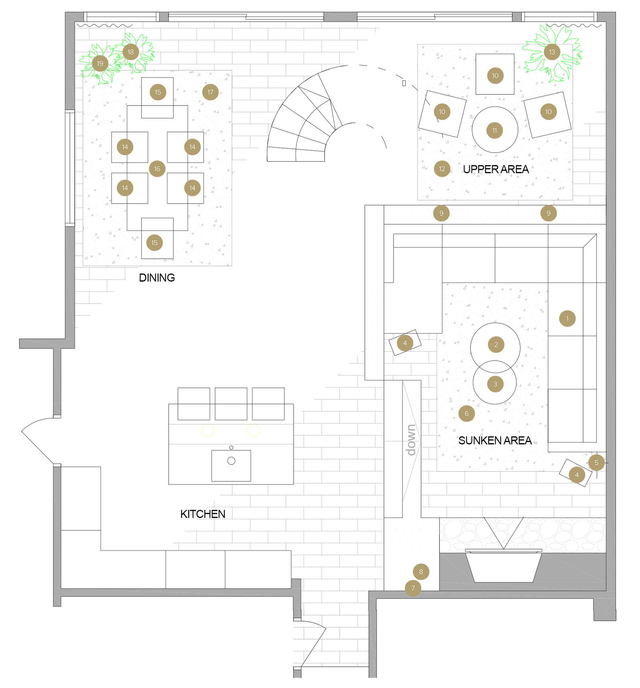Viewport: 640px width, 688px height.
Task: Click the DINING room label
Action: (x=157, y=278)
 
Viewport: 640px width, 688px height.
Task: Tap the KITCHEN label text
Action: (x=202, y=514)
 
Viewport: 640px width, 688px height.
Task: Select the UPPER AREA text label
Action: (x=496, y=169)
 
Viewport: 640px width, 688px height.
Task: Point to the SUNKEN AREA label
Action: (x=495, y=440)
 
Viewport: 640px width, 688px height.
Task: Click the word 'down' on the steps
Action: (x=411, y=440)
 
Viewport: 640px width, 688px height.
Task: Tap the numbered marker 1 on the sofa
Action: (x=567, y=318)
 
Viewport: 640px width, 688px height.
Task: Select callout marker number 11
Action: (x=495, y=130)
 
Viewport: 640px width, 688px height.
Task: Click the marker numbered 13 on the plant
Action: (x=552, y=52)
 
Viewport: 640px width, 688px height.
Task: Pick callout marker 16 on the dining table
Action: (x=157, y=169)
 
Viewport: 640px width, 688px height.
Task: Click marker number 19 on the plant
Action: (x=100, y=63)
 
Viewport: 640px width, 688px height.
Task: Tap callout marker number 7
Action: (x=413, y=588)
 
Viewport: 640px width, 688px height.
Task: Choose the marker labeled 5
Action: (x=596, y=462)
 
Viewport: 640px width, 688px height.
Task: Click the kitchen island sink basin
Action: (x=231, y=466)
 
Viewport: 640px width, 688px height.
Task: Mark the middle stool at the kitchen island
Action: (x=231, y=403)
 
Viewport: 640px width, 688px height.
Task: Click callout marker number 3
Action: (x=495, y=384)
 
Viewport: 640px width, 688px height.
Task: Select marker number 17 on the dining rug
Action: (x=210, y=92)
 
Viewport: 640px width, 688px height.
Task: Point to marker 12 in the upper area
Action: (x=442, y=169)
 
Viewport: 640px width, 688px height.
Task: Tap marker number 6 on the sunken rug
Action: (x=466, y=414)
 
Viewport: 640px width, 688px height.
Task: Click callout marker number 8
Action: (x=421, y=572)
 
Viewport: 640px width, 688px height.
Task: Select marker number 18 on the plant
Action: (x=130, y=52)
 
